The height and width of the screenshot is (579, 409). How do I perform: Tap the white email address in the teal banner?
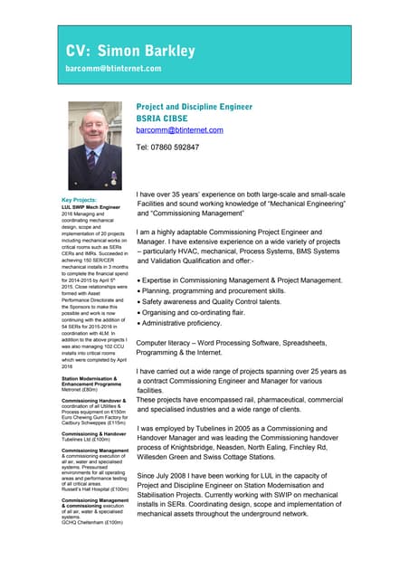click(113, 69)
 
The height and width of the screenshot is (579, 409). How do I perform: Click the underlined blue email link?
click(179, 130)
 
